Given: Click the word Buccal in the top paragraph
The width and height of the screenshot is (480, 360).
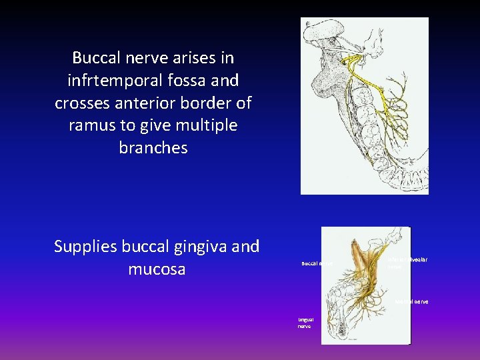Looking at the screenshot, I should coord(97,58).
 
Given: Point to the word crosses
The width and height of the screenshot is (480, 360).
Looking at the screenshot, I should coord(83,103).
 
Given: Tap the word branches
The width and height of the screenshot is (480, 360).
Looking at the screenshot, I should coord(153,148).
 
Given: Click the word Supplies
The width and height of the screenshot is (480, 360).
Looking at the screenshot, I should coord(85,247).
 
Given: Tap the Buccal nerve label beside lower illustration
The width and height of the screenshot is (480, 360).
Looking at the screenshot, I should coord(316,264).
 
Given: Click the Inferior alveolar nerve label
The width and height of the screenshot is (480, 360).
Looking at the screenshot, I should coord(408,262).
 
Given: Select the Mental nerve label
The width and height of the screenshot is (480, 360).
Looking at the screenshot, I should coord(411,302).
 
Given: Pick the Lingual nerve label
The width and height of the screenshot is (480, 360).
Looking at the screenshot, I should coord(305,323).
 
